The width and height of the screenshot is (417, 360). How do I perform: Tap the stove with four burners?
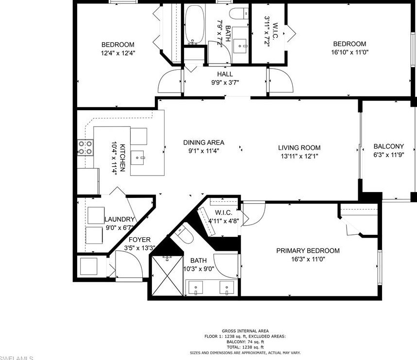pyautogui.click(x=85, y=147)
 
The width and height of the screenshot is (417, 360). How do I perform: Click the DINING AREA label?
pyautogui.click(x=203, y=143)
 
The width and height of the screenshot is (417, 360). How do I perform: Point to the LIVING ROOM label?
pyautogui.click(x=299, y=148)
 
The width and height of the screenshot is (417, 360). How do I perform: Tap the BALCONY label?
pyautogui.click(x=388, y=147)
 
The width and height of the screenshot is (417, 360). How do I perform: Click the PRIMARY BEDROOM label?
pyautogui.click(x=308, y=251)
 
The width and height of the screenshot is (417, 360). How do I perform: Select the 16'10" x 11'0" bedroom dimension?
pyautogui.click(x=350, y=52)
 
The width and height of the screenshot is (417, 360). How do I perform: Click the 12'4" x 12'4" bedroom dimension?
pyautogui.click(x=117, y=53)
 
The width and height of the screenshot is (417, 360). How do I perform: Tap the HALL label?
pyautogui.click(x=225, y=74)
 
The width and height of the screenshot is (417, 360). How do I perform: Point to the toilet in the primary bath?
pyautogui.click(x=184, y=236)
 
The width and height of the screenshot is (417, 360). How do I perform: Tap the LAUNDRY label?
pyautogui.click(x=119, y=219)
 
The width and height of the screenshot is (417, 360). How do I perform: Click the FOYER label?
pyautogui.click(x=139, y=240)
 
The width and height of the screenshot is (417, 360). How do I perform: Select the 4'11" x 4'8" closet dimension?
pyautogui.click(x=224, y=221)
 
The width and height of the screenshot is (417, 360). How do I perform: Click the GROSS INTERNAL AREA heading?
pyautogui.click(x=245, y=331)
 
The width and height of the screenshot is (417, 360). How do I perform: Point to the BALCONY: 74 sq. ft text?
pyautogui.click(x=245, y=342)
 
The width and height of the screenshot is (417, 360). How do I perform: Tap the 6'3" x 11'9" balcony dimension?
pyautogui.click(x=388, y=155)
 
